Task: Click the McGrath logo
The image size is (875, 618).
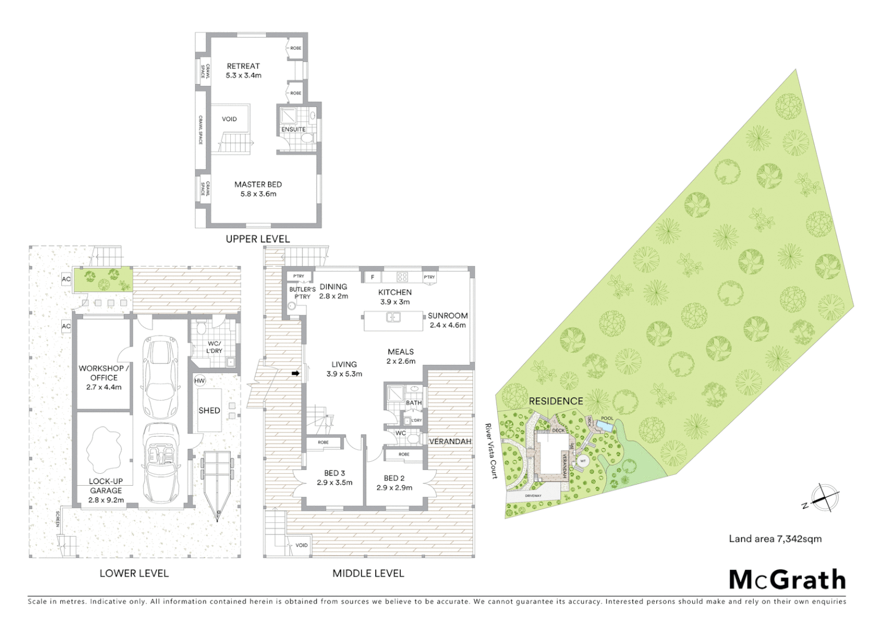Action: pos(787,580)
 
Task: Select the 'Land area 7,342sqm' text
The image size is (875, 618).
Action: pos(775,539)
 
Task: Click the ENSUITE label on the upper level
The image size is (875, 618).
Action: pos(293,130)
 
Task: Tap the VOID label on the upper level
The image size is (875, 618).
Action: pos(229,120)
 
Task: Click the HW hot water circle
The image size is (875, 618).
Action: pos(199,381)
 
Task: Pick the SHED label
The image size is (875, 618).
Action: pos(209,411)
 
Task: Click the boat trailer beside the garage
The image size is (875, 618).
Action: pos(217,484)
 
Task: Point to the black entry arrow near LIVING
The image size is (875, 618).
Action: pos(295,374)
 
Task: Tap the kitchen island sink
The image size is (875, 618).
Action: pos(393,317)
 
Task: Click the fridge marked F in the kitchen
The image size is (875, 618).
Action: pos(373,278)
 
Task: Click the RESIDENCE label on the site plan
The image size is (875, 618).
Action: pos(555,402)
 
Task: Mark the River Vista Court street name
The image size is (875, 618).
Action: pos(491,451)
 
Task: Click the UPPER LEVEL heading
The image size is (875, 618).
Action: pos(258,239)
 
